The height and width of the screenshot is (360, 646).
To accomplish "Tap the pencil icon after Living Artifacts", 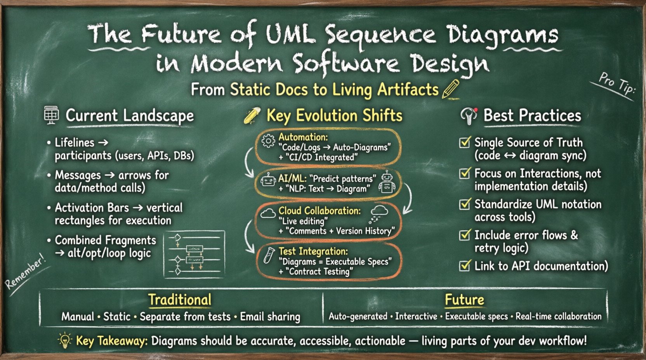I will pyautogui.click(x=450, y=89).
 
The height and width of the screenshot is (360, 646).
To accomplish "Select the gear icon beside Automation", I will pyautogui.click(x=268, y=141).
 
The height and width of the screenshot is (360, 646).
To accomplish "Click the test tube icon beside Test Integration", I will pyautogui.click(x=268, y=256).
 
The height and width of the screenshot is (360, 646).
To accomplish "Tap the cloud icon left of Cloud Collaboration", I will pyautogui.click(x=268, y=213).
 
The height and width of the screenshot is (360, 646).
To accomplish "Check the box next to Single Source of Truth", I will pyautogui.click(x=465, y=142).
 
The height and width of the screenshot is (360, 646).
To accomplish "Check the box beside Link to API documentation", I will pyautogui.click(x=465, y=266).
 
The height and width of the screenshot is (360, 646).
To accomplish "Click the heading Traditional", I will pyautogui.click(x=180, y=299).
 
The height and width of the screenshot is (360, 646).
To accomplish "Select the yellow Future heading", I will pyautogui.click(x=464, y=299).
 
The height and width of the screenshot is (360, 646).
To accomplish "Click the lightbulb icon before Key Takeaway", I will pyautogui.click(x=65, y=340).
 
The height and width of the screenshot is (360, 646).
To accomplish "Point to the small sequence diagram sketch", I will pyautogui.click(x=194, y=254).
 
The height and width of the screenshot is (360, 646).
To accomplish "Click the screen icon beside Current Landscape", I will pyautogui.click(x=51, y=115).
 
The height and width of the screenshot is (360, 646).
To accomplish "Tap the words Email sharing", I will pyautogui.click(x=270, y=317).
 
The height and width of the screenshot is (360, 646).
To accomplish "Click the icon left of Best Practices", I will pyautogui.click(x=469, y=116).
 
